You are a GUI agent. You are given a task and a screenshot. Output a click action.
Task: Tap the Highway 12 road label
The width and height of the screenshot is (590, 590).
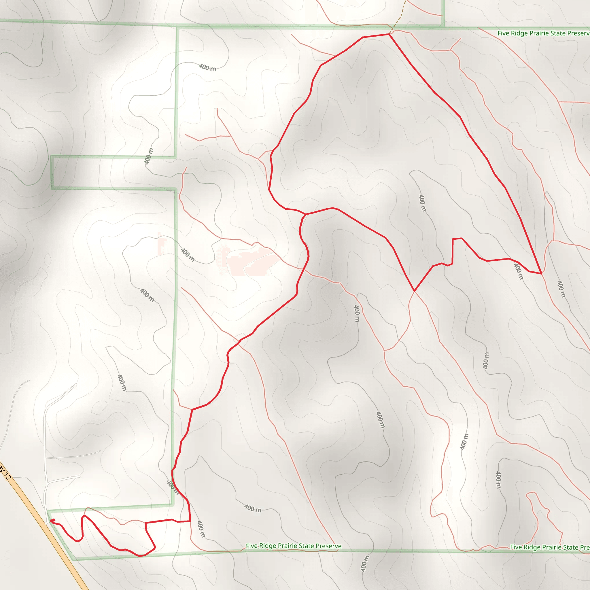tap(5, 472)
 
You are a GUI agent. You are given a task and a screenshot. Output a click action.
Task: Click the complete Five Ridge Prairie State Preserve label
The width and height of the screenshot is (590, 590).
tap(294, 546)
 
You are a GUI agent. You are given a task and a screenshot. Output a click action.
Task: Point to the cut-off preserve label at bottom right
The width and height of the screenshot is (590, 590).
tap(550, 547)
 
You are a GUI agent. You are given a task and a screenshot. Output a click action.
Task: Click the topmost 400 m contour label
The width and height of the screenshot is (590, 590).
tap(207, 67)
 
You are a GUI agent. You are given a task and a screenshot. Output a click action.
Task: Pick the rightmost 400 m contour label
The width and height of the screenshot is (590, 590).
tap(561, 289)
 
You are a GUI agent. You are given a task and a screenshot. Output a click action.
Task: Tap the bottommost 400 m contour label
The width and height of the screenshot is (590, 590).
tap(365, 563)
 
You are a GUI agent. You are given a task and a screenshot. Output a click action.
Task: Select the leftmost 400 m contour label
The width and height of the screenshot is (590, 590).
tap(122, 383)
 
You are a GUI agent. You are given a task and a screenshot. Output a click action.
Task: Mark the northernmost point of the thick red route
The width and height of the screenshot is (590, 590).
tap(389, 34)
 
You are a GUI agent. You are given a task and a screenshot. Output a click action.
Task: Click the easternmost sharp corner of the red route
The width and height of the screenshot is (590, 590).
tap(541, 274)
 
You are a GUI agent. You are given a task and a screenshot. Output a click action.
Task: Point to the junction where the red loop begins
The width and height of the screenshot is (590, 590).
tap(306, 214)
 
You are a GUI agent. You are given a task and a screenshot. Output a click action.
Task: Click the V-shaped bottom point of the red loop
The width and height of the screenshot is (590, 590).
tap(414, 291)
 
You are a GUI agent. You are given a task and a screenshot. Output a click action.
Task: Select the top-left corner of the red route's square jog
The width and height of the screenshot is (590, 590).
tap(453, 239)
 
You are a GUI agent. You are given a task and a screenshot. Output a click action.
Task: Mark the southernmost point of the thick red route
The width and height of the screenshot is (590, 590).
tap(140, 556)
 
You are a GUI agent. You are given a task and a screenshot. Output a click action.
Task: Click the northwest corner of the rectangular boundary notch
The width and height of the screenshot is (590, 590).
tap(51, 156)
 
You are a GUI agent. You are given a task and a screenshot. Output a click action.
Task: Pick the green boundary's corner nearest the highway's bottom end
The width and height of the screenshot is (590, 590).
tap(73, 560)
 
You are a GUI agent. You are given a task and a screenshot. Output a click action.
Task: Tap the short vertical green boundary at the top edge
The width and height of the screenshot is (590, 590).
tap(443, 12)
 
